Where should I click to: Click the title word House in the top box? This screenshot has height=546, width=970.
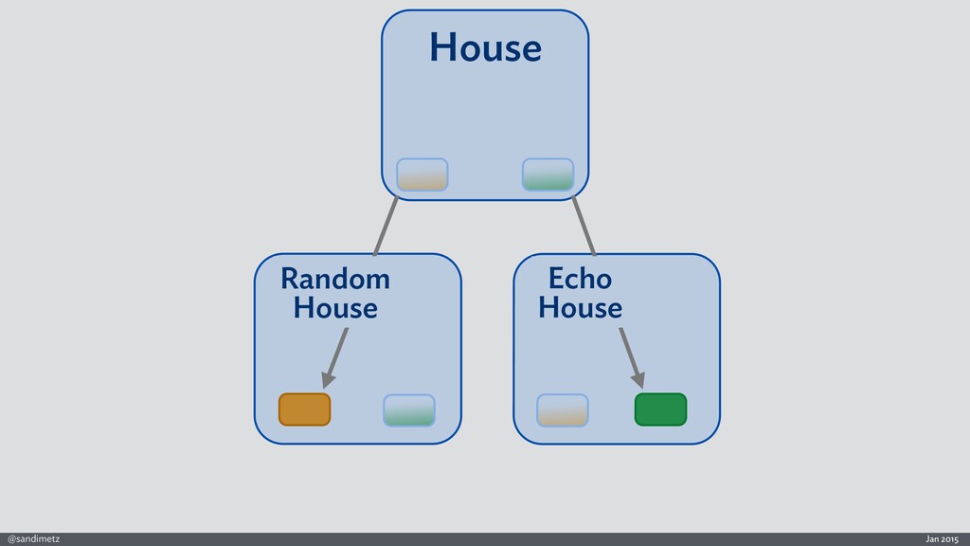(x=484, y=47)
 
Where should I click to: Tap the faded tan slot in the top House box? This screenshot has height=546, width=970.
(x=422, y=174)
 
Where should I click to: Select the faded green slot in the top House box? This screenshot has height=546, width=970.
(x=548, y=174)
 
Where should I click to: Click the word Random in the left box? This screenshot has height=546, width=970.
(x=335, y=280)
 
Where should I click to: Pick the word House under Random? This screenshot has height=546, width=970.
(x=335, y=308)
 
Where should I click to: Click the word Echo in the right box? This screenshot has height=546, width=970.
(x=580, y=280)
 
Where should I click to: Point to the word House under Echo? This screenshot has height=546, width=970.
(x=580, y=308)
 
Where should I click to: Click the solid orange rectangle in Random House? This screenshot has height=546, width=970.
(x=304, y=409)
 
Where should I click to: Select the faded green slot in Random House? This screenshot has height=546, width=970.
(x=409, y=409)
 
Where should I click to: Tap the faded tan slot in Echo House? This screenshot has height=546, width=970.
(x=563, y=409)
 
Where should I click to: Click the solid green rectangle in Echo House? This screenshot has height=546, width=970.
(x=660, y=409)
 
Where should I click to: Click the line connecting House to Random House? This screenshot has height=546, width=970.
(x=386, y=226)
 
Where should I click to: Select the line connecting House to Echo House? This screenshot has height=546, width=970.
(x=584, y=226)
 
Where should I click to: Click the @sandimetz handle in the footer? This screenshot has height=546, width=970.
(x=33, y=538)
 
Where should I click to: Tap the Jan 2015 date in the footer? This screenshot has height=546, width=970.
(x=942, y=538)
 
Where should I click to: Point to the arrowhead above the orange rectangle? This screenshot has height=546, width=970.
(x=328, y=380)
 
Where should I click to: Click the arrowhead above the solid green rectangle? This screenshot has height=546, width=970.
(x=639, y=380)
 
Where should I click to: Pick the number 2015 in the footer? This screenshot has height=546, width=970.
(x=949, y=538)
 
